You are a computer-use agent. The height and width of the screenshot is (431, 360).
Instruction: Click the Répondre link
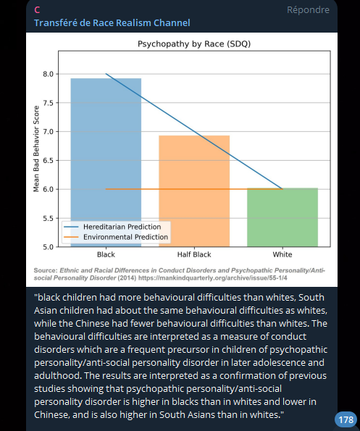click(308, 10)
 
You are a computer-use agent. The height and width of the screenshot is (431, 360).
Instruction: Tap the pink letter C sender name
click(37, 10)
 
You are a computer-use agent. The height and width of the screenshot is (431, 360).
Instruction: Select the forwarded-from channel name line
click(112, 22)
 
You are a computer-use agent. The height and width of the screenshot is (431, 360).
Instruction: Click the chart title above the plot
click(194, 44)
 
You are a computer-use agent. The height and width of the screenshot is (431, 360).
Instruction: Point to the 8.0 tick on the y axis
click(49, 74)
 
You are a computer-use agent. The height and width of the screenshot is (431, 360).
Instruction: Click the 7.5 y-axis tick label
click(49, 103)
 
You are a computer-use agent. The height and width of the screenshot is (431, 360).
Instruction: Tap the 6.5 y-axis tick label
click(49, 161)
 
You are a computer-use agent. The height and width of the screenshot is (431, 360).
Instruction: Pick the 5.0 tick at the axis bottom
click(49, 247)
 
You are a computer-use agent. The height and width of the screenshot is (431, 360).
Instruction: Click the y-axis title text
click(36, 148)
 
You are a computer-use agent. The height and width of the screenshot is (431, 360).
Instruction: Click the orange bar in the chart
click(194, 191)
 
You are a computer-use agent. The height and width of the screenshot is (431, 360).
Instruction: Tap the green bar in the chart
click(282, 217)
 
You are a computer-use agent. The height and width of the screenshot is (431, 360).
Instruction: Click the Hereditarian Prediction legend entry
click(112, 227)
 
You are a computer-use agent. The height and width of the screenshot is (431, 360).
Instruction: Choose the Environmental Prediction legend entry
click(116, 237)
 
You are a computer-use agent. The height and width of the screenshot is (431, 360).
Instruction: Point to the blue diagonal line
click(194, 131)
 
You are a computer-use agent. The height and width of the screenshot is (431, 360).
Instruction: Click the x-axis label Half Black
click(194, 254)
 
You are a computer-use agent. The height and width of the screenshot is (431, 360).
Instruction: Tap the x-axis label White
click(282, 254)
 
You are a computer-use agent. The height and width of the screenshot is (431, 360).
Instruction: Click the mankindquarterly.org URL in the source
click(213, 278)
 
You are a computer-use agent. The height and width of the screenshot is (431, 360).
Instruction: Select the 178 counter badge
click(346, 419)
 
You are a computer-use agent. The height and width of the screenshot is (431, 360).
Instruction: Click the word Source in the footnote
click(46, 270)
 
